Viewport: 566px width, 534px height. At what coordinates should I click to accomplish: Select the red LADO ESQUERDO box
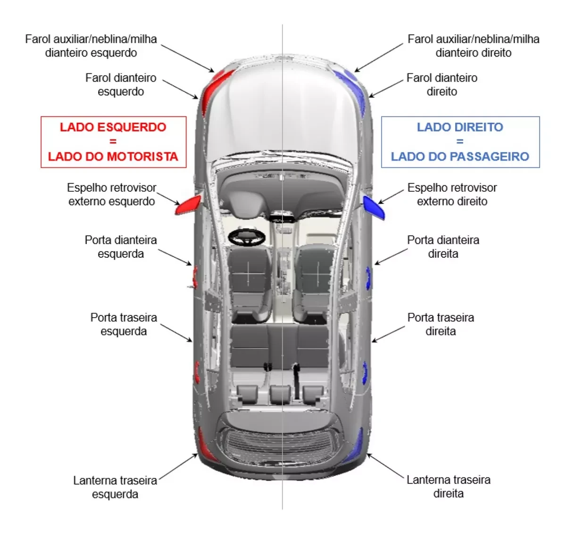[x=113, y=142]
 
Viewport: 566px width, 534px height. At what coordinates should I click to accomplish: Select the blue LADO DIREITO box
[x=460, y=142]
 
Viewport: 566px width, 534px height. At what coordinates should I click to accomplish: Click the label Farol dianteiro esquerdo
[x=121, y=84]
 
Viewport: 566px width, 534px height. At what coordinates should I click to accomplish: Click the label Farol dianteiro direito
[x=442, y=84]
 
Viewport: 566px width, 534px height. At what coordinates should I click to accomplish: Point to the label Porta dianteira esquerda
[x=121, y=246]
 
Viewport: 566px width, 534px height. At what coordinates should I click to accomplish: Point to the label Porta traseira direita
[x=441, y=324]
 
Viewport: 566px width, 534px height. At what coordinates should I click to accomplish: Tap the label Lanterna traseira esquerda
[x=115, y=487]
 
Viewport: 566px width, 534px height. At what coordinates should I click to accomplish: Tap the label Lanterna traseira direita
[x=448, y=486]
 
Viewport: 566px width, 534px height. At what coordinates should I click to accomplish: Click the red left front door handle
[x=195, y=277]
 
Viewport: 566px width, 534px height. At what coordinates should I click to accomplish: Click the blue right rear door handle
[x=364, y=373]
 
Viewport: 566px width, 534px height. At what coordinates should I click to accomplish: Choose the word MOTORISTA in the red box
[x=146, y=157]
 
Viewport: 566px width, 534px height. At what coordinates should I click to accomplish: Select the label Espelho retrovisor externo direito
[x=452, y=194]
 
